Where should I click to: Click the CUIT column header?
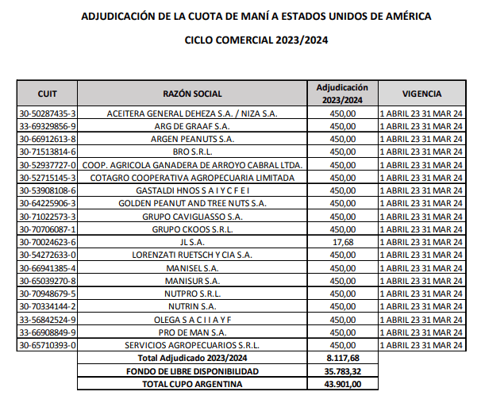pos(47,93)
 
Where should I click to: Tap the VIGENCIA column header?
pos(421,93)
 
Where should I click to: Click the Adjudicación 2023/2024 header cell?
pos(342,93)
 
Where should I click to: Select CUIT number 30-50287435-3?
pos(47,113)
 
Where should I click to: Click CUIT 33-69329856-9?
pos(47,126)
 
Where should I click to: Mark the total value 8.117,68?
pos(342,358)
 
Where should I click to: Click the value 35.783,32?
pos(342,370)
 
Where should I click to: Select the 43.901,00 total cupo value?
pos(342,384)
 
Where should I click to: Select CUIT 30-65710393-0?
pos(47,345)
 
